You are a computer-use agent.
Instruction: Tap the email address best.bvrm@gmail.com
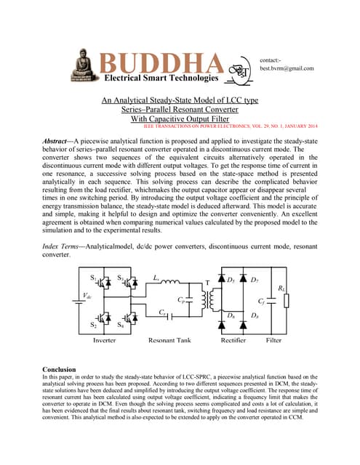(x=287, y=68)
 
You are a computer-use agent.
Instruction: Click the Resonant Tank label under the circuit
(x=173, y=339)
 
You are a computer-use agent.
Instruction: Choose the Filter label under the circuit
(x=274, y=339)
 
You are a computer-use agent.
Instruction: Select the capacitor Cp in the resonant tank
(x=189, y=299)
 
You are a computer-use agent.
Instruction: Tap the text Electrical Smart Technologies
(x=160, y=78)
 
